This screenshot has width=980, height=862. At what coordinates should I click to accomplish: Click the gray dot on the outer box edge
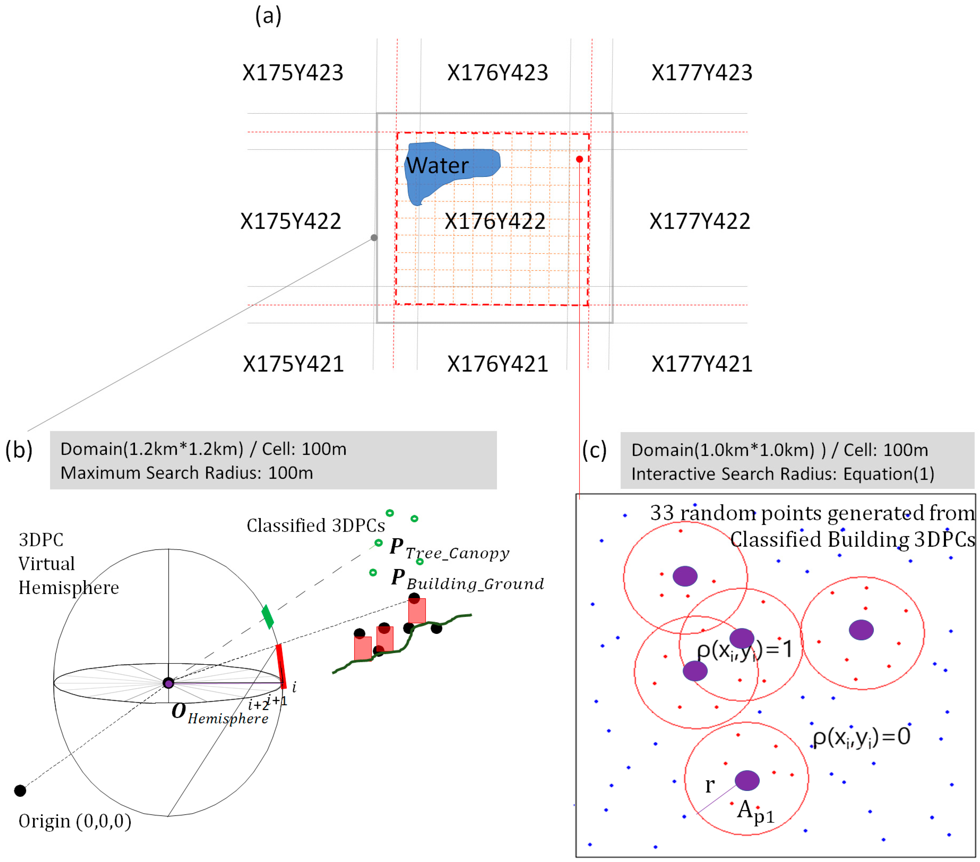coord(374,237)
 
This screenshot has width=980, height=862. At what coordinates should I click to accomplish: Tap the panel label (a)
coord(268,16)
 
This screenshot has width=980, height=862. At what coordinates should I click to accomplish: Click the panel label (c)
coord(594,450)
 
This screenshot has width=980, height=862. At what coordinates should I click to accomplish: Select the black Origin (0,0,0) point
coord(20,791)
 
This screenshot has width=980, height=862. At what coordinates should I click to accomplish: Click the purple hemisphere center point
coord(168,683)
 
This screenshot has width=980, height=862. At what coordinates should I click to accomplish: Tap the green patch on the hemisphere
coord(267,617)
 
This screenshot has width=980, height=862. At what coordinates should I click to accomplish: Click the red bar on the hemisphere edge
coord(281,666)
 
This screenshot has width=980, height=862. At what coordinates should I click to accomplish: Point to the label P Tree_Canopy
coord(449,548)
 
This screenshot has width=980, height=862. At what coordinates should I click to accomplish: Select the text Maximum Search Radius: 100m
coord(187,473)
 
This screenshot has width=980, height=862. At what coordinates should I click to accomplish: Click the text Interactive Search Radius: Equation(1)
coord(782,474)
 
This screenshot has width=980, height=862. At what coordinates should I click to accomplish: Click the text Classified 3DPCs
coord(315,525)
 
